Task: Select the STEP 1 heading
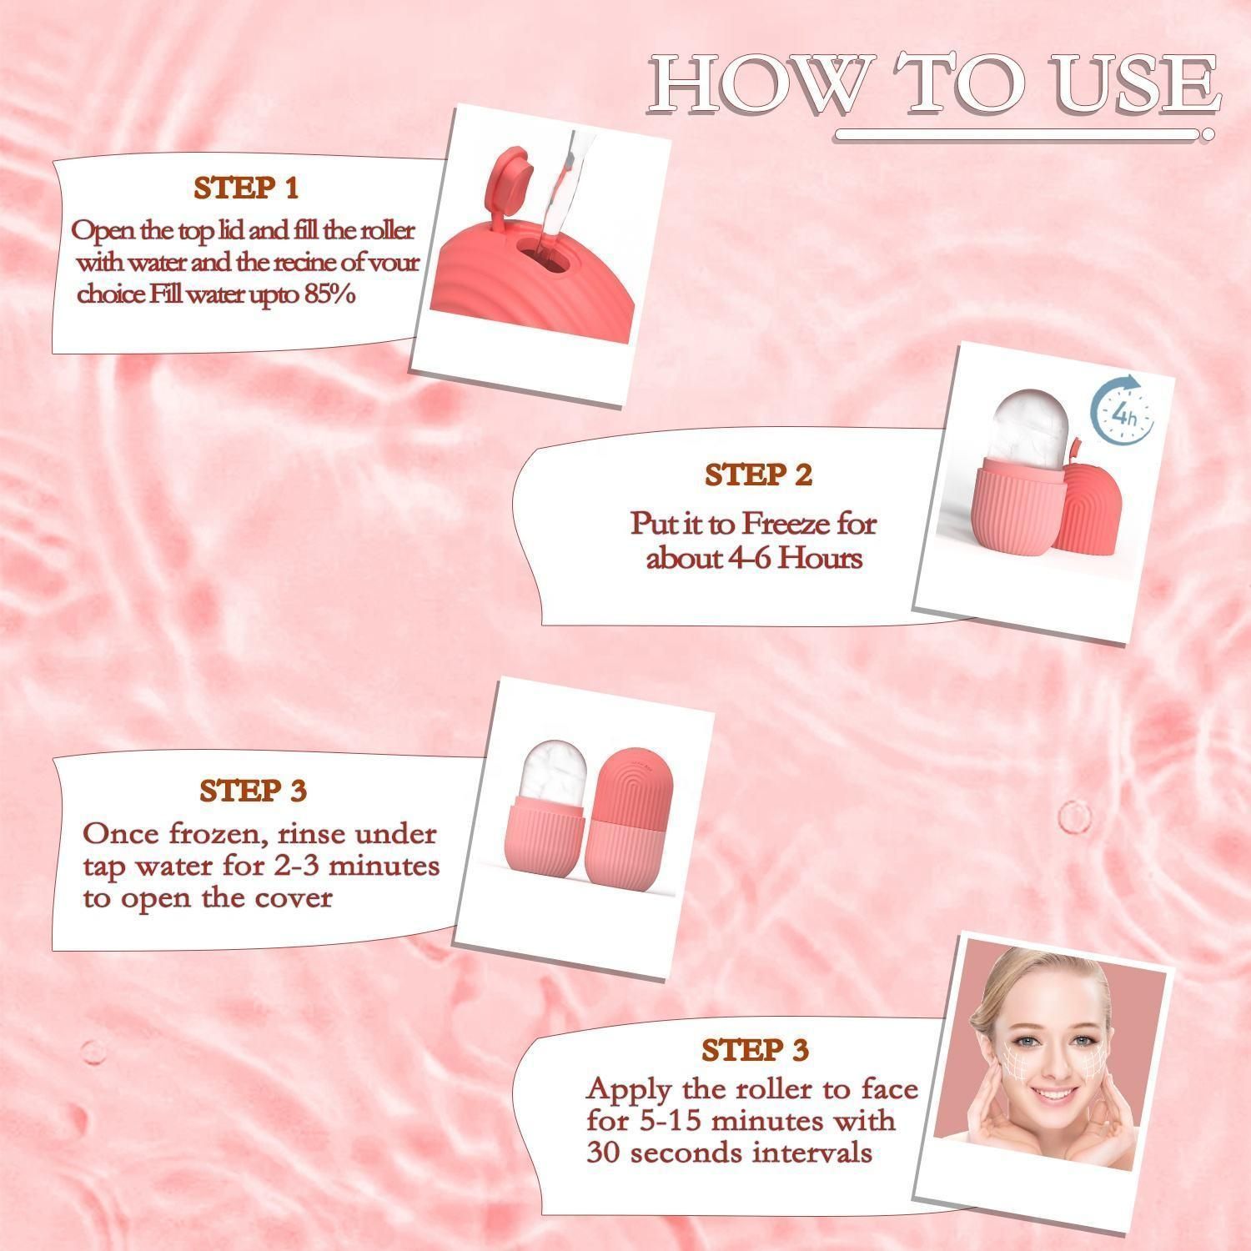pyautogui.click(x=246, y=188)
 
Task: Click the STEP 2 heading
pyautogui.click(x=758, y=475)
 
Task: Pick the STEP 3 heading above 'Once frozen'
pyautogui.click(x=254, y=791)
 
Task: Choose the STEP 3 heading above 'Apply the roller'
pyautogui.click(x=755, y=1050)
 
